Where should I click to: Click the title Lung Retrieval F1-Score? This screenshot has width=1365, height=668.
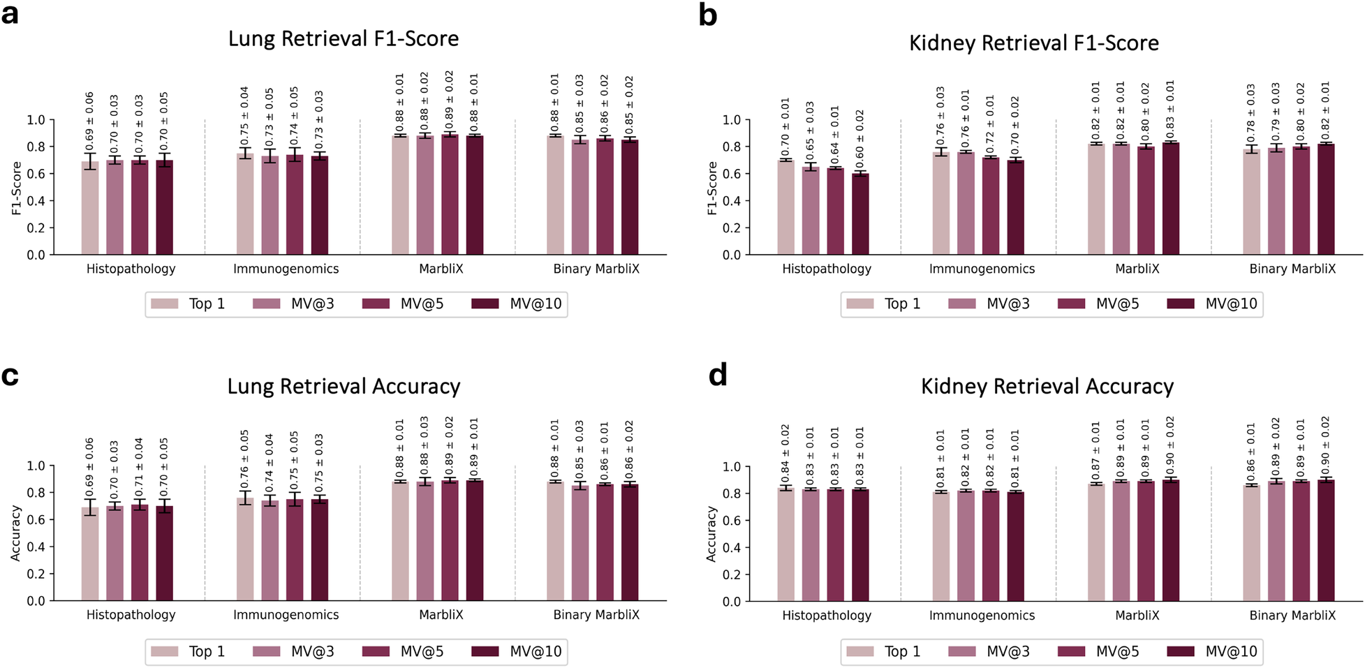coord(344,38)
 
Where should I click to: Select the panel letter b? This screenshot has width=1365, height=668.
coord(708,15)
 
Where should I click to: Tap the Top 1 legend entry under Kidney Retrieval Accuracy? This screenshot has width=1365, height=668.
coord(884,651)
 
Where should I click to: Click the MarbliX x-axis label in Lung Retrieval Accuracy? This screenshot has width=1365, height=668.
coord(441,615)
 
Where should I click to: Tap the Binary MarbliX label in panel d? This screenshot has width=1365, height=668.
coord(1292,616)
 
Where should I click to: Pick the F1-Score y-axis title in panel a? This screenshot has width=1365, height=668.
coord(17,188)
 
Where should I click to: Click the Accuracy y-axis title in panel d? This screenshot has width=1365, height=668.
coord(711,534)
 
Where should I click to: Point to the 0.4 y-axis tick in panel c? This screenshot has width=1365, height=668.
coord(36,547)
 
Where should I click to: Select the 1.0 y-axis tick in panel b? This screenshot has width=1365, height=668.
coord(732,120)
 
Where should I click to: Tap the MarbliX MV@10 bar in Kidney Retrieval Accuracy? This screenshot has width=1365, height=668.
coord(1170,540)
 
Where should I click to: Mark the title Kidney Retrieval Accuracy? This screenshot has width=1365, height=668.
coord(1047,386)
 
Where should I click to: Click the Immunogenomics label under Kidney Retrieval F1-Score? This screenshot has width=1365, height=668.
coord(982,269)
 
